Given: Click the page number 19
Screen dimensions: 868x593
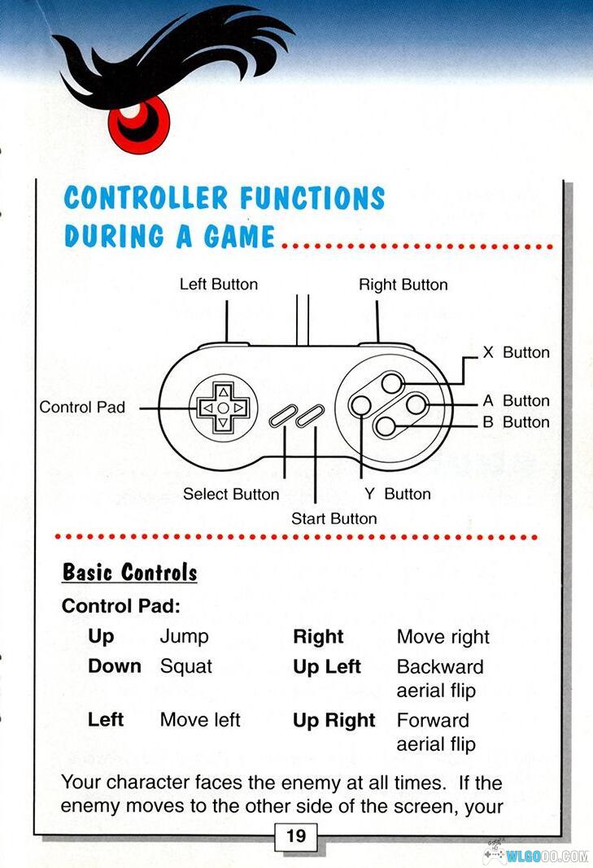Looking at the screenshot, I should (x=296, y=835).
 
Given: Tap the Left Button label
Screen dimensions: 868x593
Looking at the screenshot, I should (x=218, y=284).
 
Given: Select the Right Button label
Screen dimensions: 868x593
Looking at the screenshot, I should (x=403, y=284).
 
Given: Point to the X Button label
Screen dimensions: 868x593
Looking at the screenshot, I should (x=516, y=352).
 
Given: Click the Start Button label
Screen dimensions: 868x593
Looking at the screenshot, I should (x=334, y=518).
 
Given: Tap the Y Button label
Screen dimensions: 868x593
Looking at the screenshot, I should (x=398, y=494).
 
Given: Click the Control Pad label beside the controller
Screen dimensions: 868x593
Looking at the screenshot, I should (x=82, y=406).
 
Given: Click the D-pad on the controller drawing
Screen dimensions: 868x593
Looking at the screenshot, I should (x=223, y=406).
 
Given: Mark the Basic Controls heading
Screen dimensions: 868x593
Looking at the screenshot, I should (x=130, y=572).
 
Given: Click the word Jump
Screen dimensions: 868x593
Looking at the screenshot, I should (x=184, y=636).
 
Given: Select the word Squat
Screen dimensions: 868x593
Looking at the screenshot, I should (x=185, y=666).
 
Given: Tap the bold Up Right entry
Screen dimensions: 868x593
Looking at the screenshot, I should (x=334, y=720).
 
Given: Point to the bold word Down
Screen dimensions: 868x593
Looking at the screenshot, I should (x=115, y=666).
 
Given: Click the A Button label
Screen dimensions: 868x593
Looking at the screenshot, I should (x=516, y=400).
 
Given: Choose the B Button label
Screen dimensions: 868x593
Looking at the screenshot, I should (x=516, y=421).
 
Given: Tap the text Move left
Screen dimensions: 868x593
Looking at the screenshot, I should (x=200, y=720).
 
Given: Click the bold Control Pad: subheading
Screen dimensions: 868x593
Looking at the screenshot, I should (x=120, y=606).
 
